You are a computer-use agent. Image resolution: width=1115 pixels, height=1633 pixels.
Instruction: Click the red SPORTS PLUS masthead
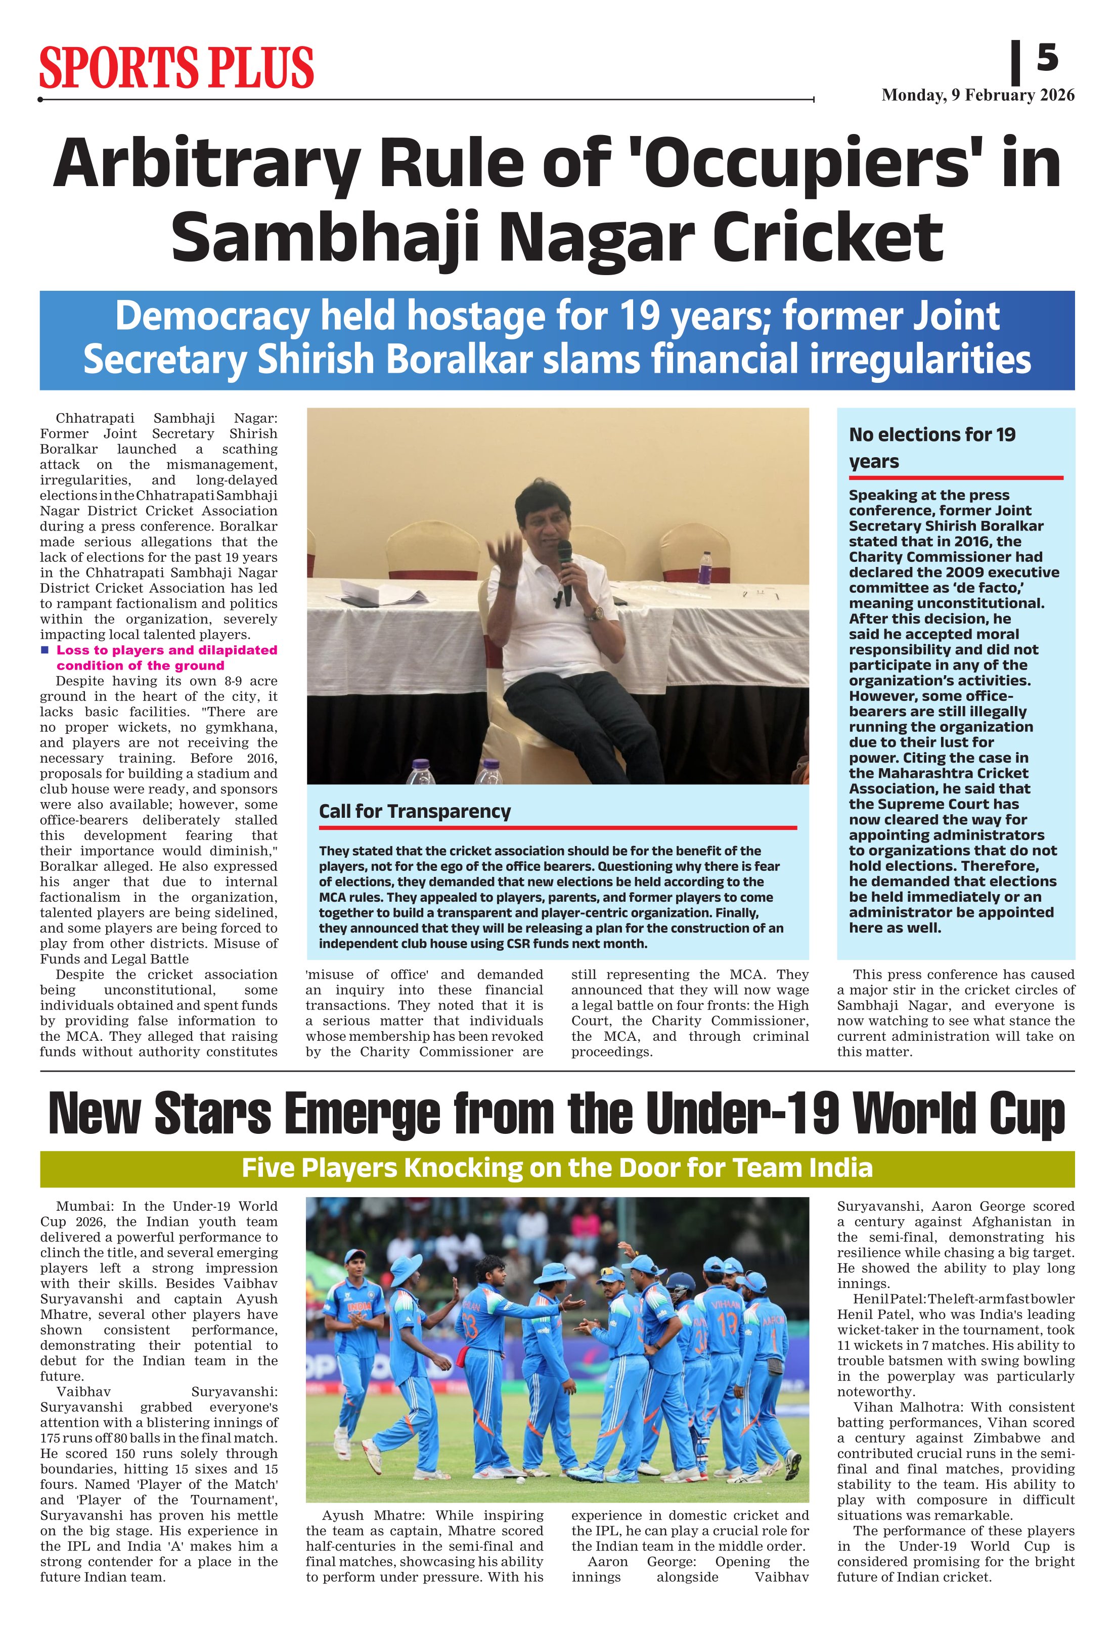[175, 68]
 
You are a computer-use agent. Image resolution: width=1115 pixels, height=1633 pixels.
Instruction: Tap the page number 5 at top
[1046, 58]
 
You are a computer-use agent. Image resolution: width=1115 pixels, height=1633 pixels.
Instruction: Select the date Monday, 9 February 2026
[977, 96]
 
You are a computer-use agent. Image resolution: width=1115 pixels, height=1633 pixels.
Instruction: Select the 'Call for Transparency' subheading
[415, 812]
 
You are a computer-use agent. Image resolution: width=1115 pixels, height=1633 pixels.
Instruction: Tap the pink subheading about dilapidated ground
[166, 657]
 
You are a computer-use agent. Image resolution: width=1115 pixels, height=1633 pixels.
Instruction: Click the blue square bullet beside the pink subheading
[45, 650]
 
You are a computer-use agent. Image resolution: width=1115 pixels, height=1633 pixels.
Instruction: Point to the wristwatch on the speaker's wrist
[597, 613]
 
